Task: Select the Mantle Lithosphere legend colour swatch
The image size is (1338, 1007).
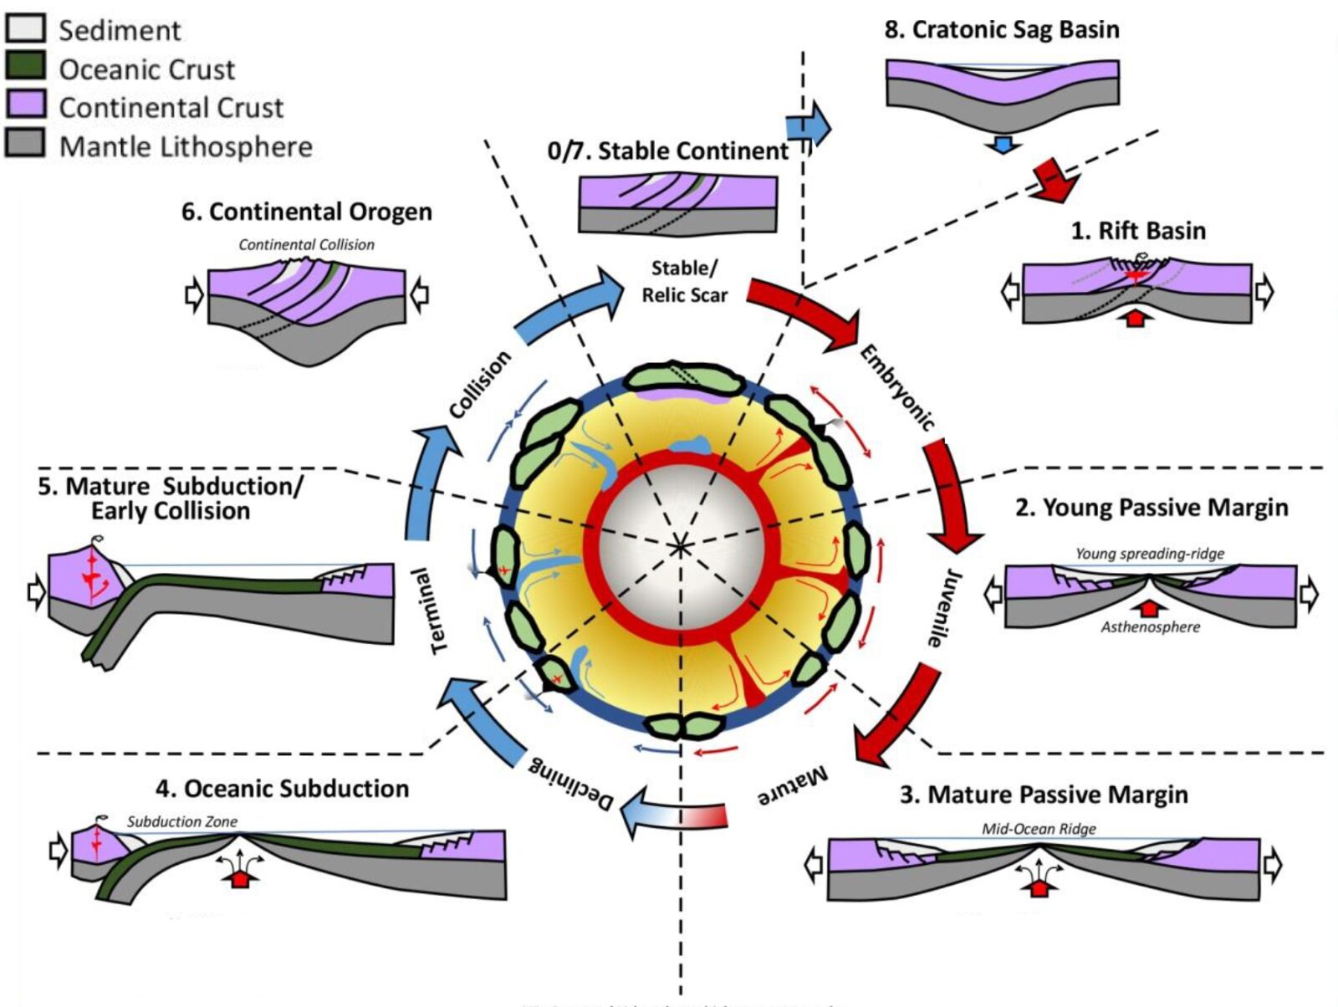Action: tap(25, 144)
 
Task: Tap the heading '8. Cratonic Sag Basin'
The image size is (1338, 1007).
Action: tap(1001, 30)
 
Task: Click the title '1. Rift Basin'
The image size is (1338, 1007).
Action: tap(1138, 231)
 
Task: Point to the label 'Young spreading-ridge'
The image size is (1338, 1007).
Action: tap(1149, 554)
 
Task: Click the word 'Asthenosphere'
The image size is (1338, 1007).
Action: tap(1150, 627)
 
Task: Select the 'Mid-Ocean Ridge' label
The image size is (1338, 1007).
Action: tap(1039, 829)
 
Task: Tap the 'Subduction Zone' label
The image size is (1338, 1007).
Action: tap(181, 822)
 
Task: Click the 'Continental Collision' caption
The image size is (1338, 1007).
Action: tap(306, 245)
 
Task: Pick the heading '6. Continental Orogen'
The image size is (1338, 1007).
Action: tap(306, 212)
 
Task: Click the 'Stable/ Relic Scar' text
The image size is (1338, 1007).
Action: tap(684, 282)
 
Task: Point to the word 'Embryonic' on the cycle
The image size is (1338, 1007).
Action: tap(897, 387)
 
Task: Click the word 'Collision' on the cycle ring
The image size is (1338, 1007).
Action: tap(479, 385)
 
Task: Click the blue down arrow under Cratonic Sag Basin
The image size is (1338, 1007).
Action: tap(1003, 146)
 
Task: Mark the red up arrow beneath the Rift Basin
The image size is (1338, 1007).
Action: tap(1135, 317)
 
